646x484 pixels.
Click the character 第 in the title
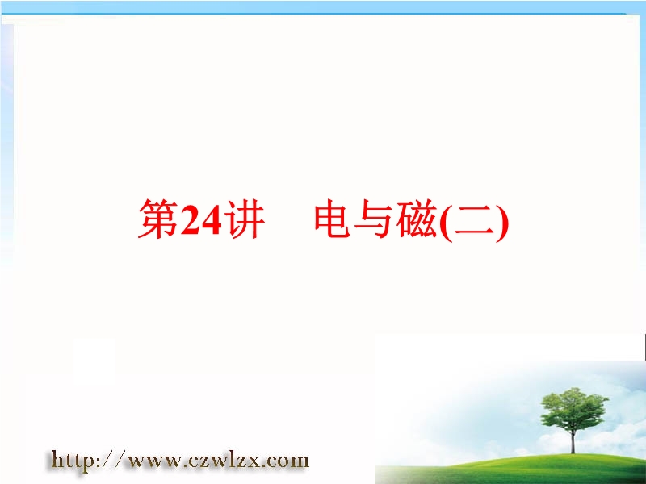pyautogui.click(x=158, y=219)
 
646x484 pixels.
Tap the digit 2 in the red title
pyautogui.click(x=190, y=219)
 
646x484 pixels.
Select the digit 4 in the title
pyautogui.click(x=211, y=219)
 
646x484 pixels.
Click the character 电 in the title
pyautogui.click(x=333, y=219)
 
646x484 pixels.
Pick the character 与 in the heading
pyautogui.click(x=374, y=219)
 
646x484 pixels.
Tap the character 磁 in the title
pyautogui.click(x=416, y=219)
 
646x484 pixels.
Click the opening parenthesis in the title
pyautogui.click(x=446, y=221)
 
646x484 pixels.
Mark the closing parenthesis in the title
pyautogui.click(x=502, y=221)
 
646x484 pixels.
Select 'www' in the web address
pyautogui.click(x=153, y=461)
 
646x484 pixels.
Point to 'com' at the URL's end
pyautogui.click(x=285, y=461)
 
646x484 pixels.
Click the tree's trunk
pyautogui.click(x=573, y=440)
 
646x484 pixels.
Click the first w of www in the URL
pyautogui.click(x=136, y=461)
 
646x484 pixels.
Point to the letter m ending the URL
pyautogui.click(x=300, y=461)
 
